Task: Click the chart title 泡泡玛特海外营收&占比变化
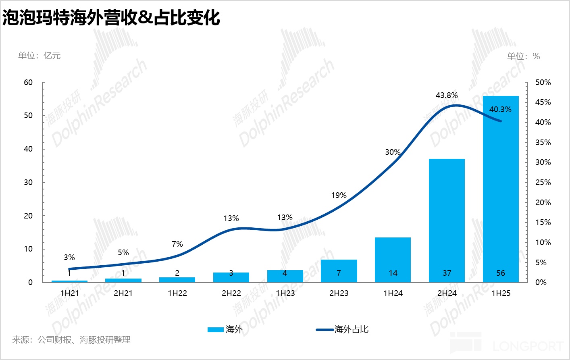(x=111, y=18)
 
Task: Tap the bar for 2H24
(x=447, y=218)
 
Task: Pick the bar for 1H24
(x=393, y=258)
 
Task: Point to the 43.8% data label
(x=447, y=96)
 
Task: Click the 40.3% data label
(x=500, y=110)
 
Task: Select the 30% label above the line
(x=393, y=152)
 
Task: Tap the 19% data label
(x=339, y=196)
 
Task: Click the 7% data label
(x=177, y=244)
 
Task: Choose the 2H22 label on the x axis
(x=231, y=293)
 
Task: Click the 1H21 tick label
(x=69, y=293)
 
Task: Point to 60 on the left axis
(x=28, y=83)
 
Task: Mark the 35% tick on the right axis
(x=543, y=143)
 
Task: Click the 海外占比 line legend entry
(x=343, y=329)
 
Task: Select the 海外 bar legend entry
(x=225, y=329)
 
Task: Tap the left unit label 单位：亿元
(x=40, y=56)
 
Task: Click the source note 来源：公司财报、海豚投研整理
(x=71, y=340)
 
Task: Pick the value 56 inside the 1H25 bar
(x=501, y=273)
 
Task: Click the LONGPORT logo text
(x=528, y=346)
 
